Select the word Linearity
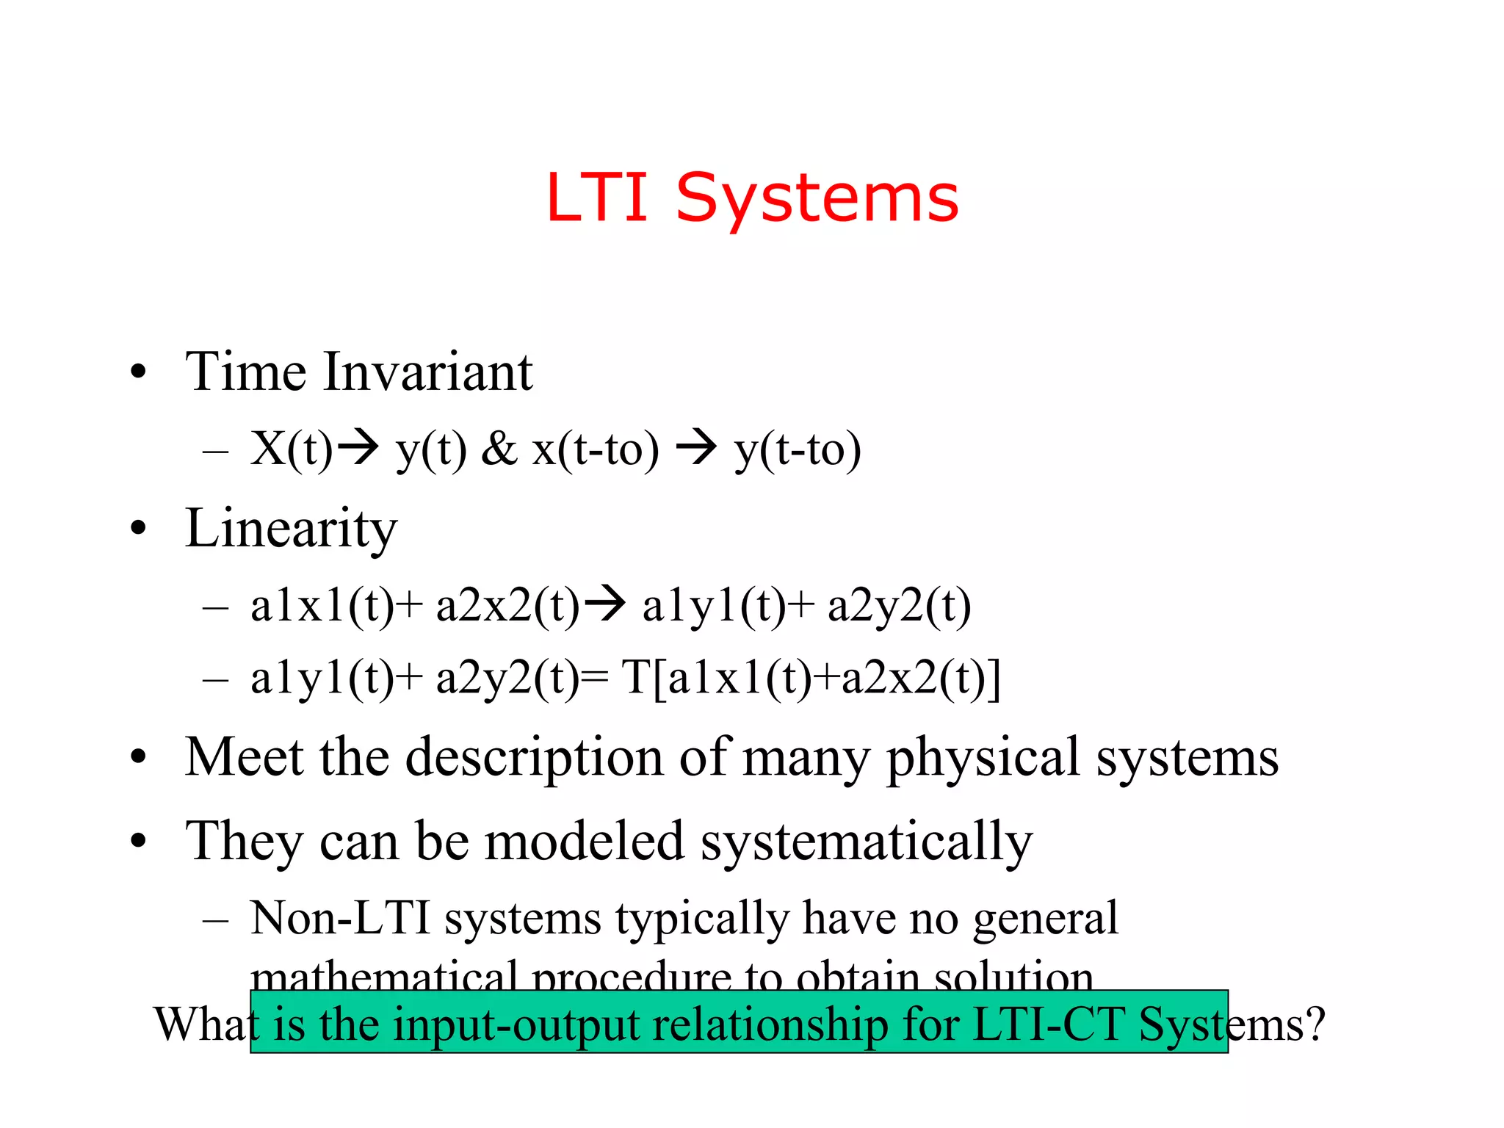coord(291,529)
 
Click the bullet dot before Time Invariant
coord(138,372)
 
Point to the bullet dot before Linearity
coord(138,528)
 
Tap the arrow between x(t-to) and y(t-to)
coord(695,447)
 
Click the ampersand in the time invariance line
coord(499,449)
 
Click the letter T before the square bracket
coord(636,677)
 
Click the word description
coord(534,758)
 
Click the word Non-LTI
coord(340,917)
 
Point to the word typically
coord(702,919)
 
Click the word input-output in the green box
coord(516,1024)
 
